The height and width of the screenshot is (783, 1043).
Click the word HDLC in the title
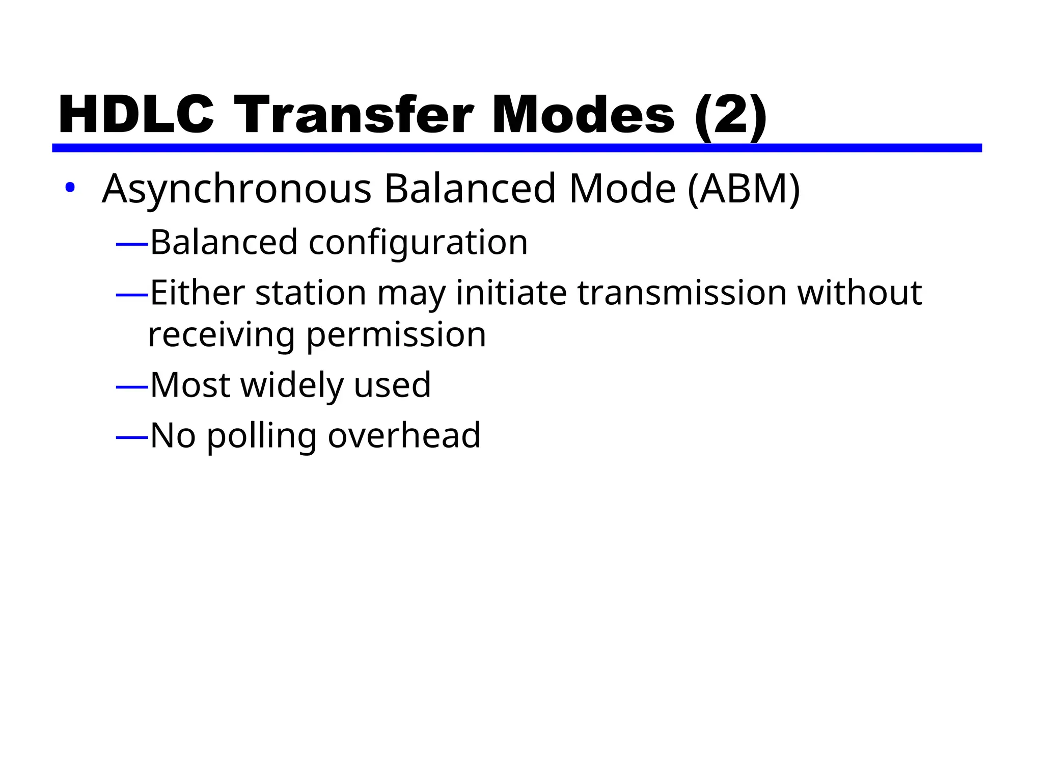point(136,116)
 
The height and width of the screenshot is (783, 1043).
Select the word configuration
point(418,243)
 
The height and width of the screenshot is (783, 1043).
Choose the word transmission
point(682,293)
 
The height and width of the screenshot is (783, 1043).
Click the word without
point(860,293)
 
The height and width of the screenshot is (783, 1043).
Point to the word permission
point(396,336)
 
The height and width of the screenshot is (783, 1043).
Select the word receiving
point(222,336)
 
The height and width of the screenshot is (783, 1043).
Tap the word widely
point(292,385)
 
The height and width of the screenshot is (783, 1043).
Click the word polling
point(262,436)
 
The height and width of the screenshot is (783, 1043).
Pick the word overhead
point(404,435)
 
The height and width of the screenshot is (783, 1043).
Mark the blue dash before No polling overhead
point(132,437)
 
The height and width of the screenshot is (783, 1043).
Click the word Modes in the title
point(583,116)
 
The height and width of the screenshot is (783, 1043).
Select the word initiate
point(511,293)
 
